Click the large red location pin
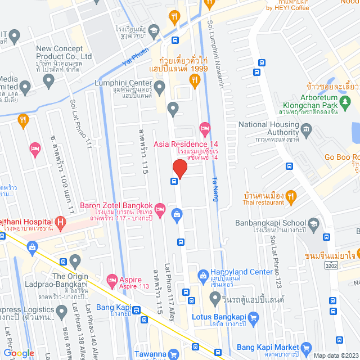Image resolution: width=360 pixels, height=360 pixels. click(179, 168)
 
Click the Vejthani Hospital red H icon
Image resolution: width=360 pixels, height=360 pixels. click(60, 224)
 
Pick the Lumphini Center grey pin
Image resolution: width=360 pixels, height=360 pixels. click(160, 87)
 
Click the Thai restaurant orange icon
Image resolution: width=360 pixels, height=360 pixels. click(291, 196)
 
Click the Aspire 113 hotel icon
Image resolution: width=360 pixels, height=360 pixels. click(111, 280)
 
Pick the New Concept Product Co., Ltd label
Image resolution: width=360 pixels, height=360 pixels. click(64, 52)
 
